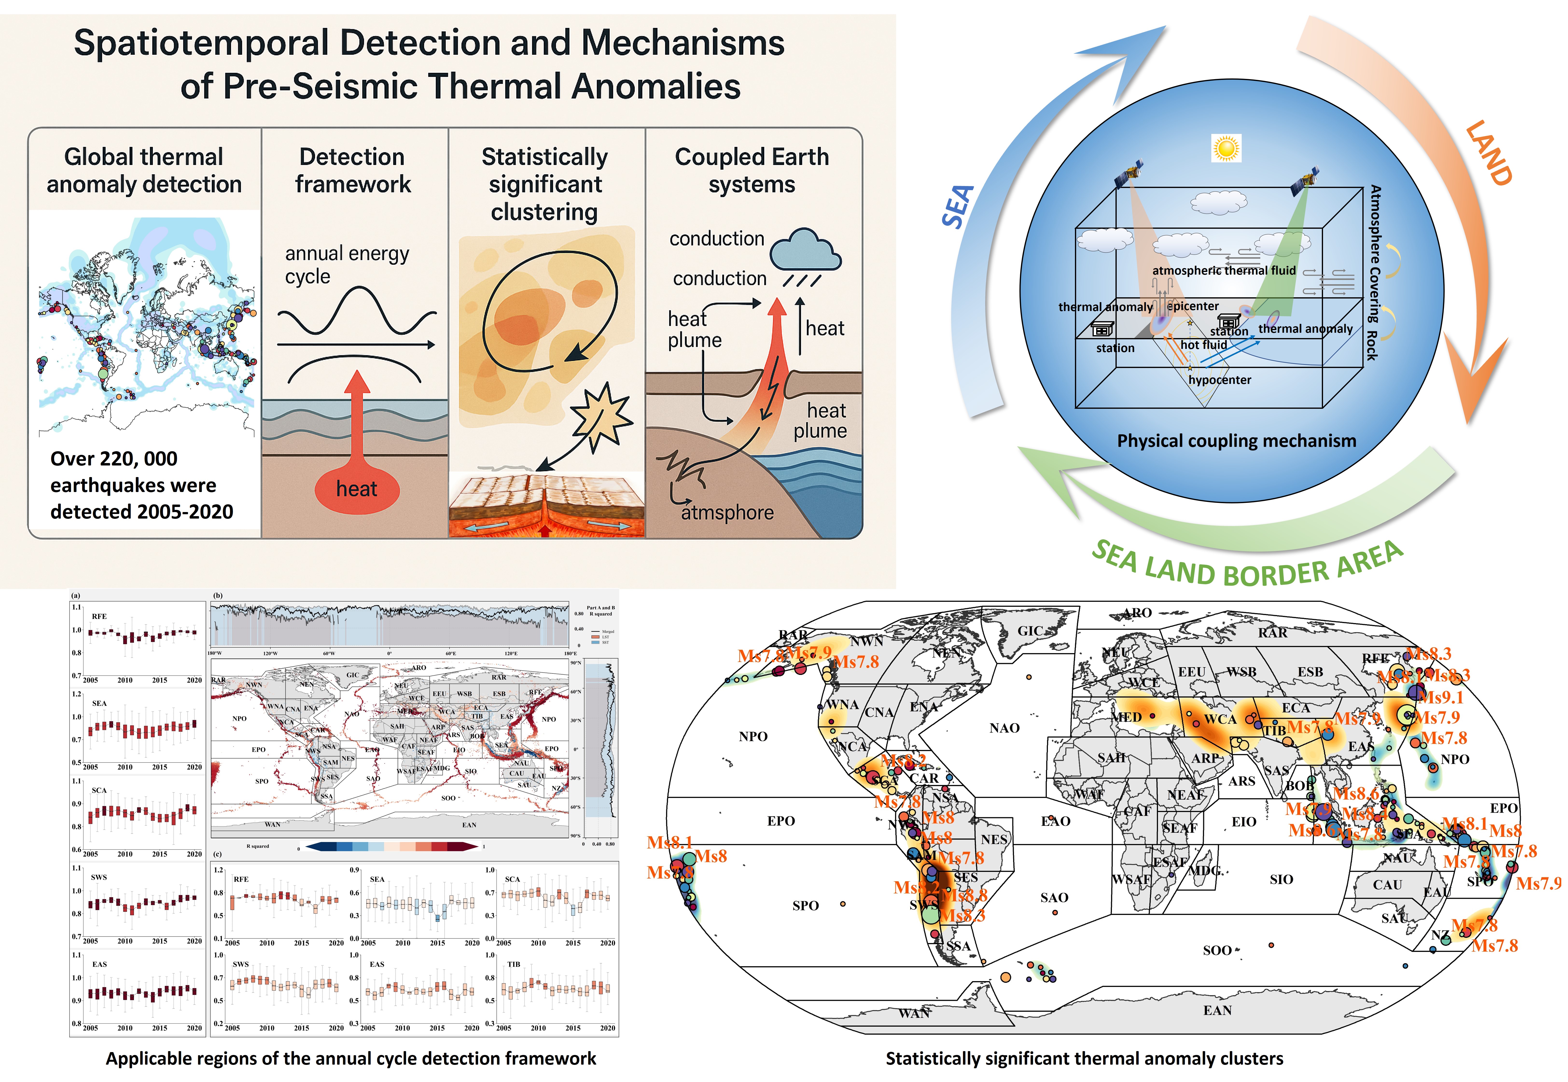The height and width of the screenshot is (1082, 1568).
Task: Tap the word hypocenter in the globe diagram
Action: point(1220,380)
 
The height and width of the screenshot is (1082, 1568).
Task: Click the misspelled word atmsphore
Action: point(727,513)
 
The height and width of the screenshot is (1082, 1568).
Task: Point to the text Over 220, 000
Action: point(114,459)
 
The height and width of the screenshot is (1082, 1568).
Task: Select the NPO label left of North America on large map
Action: point(753,736)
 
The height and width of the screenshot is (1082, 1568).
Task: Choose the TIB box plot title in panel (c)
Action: point(513,964)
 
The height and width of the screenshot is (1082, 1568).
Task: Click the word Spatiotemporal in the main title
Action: point(201,43)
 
